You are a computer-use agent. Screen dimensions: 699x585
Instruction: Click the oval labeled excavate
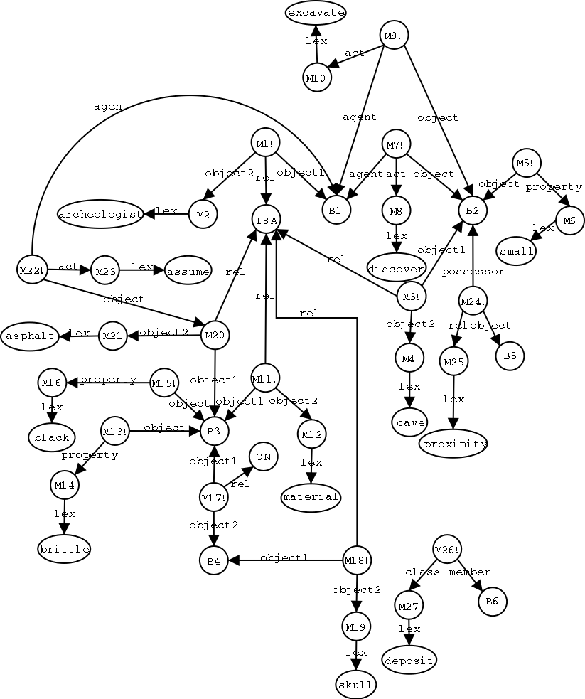316,13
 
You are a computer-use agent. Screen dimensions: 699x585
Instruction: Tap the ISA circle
266,218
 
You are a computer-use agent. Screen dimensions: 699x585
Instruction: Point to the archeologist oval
100,213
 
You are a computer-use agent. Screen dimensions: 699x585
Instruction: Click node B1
335,210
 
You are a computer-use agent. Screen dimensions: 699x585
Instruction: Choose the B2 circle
473,210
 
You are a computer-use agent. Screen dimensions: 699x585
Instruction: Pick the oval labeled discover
396,267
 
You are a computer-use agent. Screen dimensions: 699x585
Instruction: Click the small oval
517,251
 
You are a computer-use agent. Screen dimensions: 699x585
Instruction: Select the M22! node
31,270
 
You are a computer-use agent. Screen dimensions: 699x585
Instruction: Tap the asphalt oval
30,336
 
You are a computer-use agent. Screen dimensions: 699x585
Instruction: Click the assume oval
188,271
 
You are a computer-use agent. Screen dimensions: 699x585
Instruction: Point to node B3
214,430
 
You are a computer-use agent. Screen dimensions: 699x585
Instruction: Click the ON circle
262,457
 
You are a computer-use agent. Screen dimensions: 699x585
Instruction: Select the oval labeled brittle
64,549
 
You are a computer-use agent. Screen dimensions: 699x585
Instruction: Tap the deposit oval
409,660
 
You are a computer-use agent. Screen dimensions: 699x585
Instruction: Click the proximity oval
453,444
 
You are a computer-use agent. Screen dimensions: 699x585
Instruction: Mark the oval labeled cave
409,422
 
